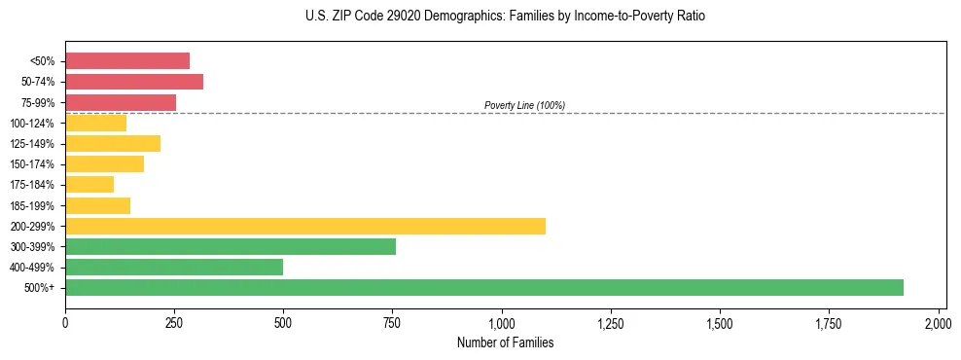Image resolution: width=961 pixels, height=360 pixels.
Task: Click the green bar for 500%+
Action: tap(483, 287)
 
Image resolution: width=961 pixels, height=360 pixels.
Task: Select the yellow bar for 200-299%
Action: tap(304, 226)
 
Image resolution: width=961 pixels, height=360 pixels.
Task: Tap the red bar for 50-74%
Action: tap(133, 82)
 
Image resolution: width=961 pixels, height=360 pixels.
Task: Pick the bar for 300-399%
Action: tap(230, 246)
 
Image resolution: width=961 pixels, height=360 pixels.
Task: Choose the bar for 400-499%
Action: tap(173, 267)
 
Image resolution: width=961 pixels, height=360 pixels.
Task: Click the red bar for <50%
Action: tap(126, 61)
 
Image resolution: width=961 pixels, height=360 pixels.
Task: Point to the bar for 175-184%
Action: tap(89, 184)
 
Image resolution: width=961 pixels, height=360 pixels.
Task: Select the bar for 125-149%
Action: tap(112, 143)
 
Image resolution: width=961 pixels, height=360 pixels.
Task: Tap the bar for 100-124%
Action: tap(95, 123)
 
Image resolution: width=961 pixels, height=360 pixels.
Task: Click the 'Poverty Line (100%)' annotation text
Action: tap(524, 105)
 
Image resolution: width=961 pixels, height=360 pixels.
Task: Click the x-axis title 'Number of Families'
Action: tap(505, 342)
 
